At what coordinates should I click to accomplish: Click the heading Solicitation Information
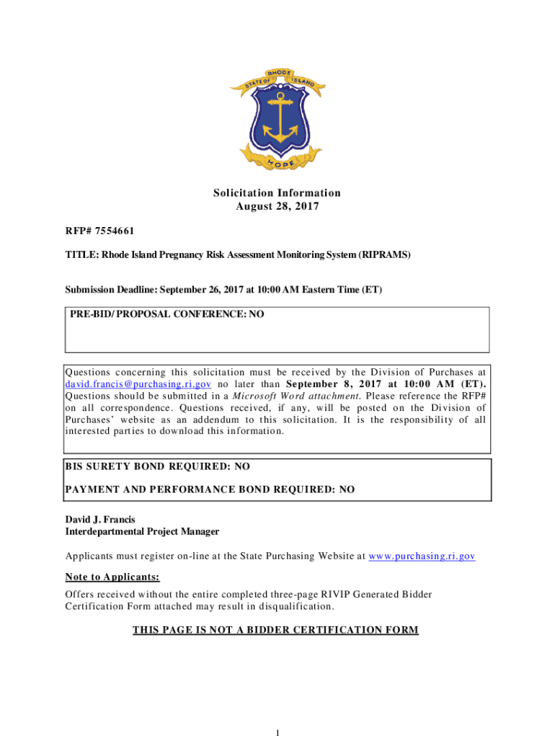click(x=277, y=192)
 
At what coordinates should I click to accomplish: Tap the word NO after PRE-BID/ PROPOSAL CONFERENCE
click(x=256, y=314)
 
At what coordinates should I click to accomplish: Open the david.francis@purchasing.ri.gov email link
click(x=138, y=383)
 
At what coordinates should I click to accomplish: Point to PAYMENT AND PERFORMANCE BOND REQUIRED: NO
click(x=210, y=489)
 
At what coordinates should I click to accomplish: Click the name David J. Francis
click(x=100, y=520)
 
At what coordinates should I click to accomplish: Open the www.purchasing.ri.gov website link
click(x=422, y=556)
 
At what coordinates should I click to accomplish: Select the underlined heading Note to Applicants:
click(x=112, y=577)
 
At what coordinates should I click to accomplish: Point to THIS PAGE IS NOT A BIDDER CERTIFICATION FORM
click(x=275, y=630)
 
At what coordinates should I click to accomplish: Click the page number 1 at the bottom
click(x=277, y=732)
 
